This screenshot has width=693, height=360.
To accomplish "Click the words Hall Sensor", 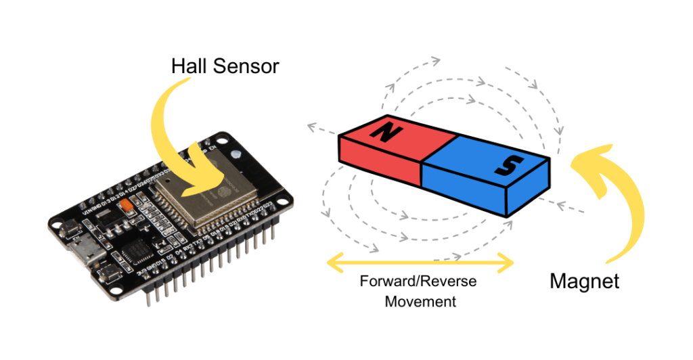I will point(225,66).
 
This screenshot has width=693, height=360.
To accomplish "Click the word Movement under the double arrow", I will point(420,301).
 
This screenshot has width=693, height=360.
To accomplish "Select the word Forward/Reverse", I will point(418,281).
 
